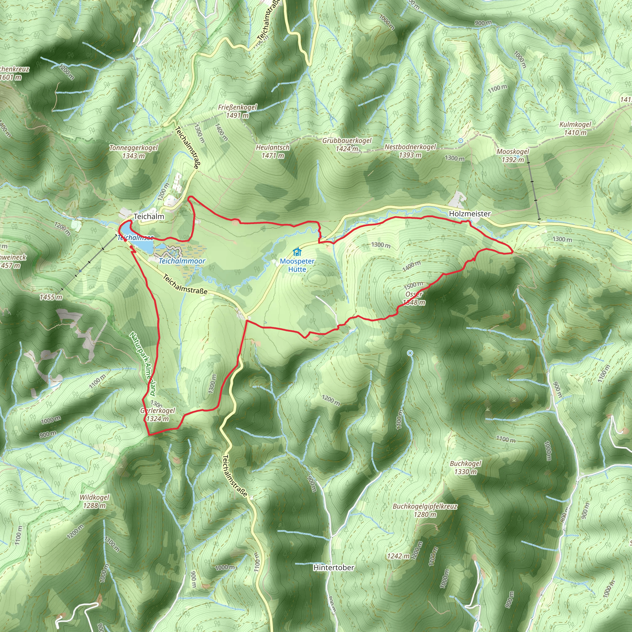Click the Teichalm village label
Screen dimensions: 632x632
(x=149, y=217)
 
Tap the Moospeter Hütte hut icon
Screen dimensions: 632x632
(x=297, y=252)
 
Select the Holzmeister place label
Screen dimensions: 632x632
(x=469, y=214)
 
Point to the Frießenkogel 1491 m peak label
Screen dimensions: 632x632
(x=238, y=111)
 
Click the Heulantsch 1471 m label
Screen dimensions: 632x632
(x=272, y=152)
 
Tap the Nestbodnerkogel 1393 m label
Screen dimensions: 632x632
(x=410, y=151)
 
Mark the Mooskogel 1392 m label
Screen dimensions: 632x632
(x=512, y=156)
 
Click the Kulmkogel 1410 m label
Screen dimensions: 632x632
(x=575, y=129)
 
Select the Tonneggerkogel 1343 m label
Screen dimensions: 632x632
(x=133, y=152)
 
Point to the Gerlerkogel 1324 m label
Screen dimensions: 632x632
(x=158, y=414)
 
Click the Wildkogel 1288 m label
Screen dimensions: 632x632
(x=94, y=501)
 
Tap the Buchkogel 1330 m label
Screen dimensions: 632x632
(x=465, y=468)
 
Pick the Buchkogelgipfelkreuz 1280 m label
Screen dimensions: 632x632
(x=425, y=510)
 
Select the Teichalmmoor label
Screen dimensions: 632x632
(x=182, y=261)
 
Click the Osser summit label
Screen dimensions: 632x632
(x=414, y=294)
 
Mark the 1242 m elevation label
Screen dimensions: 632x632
(x=398, y=556)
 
